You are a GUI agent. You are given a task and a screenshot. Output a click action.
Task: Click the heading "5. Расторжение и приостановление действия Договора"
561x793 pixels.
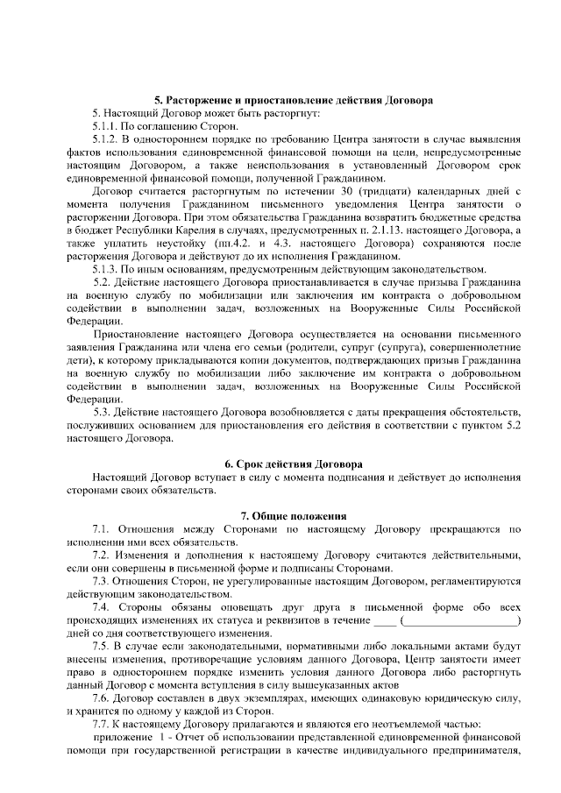293,101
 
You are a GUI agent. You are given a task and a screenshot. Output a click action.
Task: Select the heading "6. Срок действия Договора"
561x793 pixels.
293,464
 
